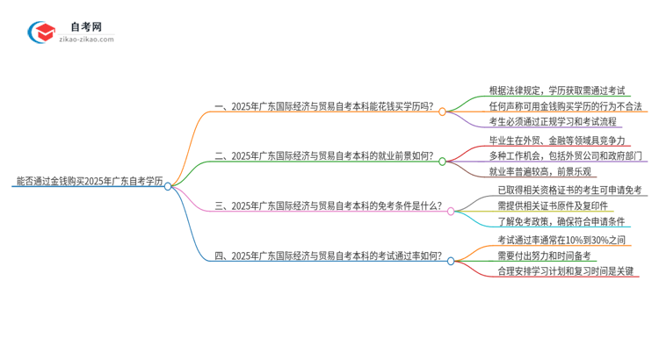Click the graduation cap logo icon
42,32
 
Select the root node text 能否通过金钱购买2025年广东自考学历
89,183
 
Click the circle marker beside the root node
168,186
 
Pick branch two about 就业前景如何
324,158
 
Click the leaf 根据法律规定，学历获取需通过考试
557,90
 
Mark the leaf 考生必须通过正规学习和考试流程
553,121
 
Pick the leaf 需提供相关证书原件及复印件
553,205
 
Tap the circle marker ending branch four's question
451,261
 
